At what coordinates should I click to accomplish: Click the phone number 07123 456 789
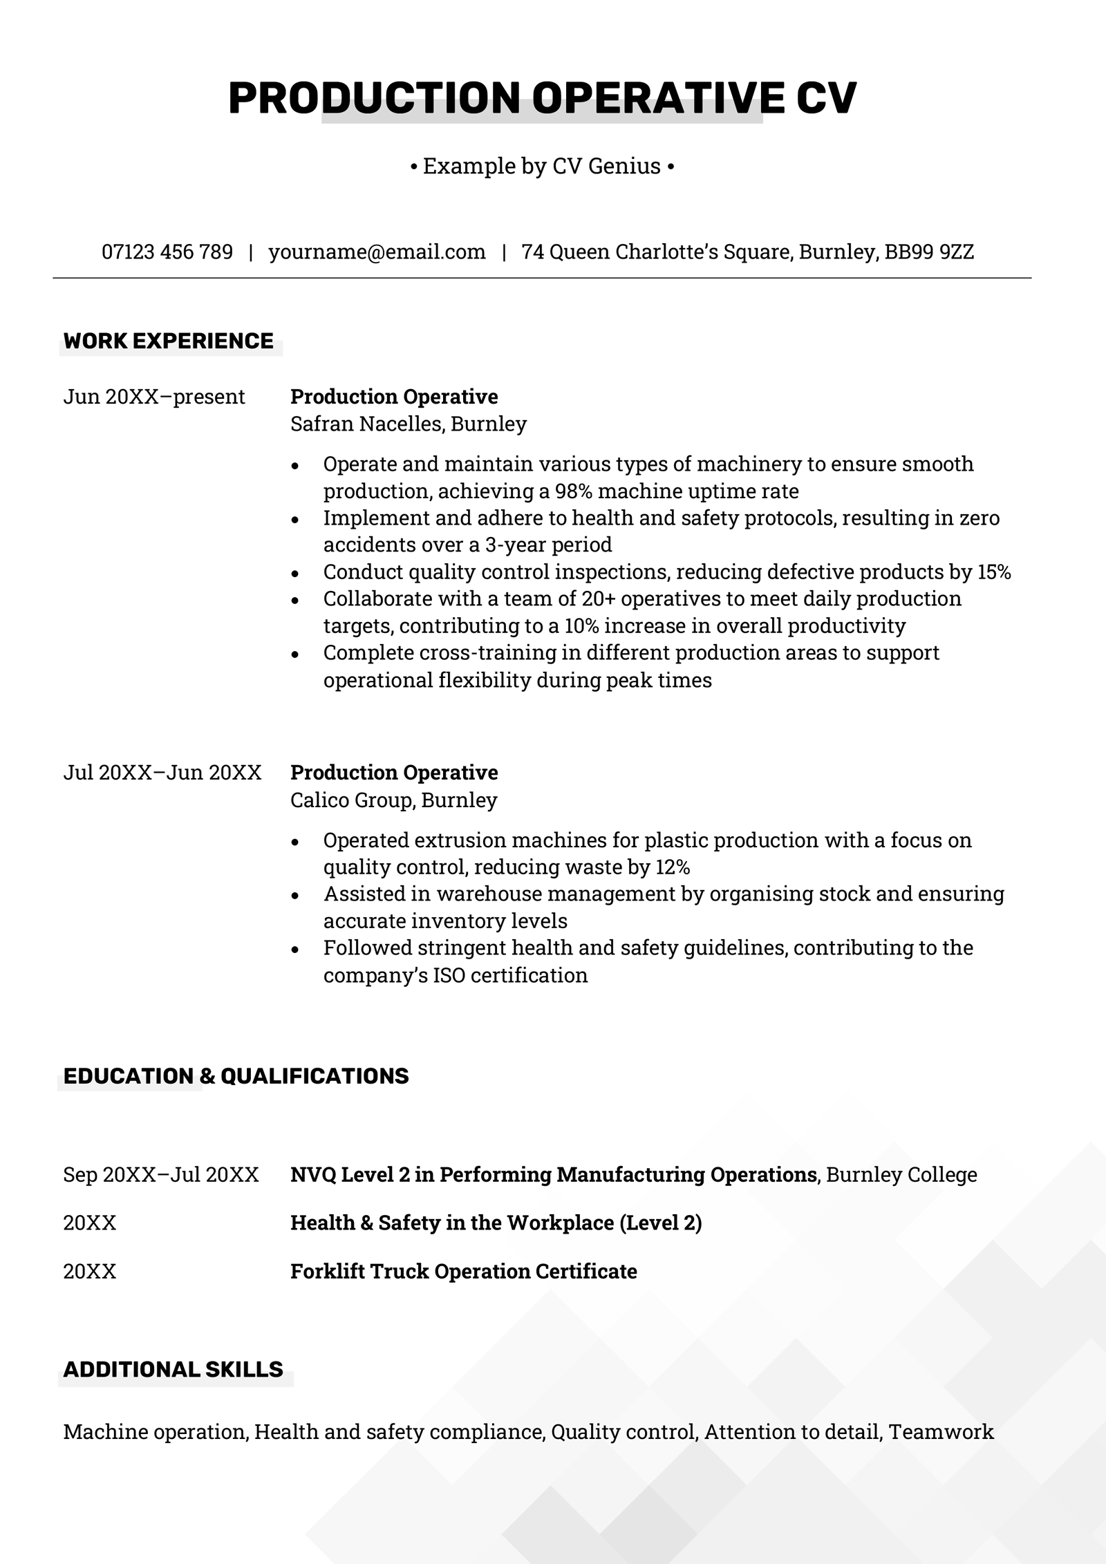(x=167, y=252)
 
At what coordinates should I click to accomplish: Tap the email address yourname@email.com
(x=377, y=252)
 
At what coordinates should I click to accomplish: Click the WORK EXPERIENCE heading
(x=168, y=341)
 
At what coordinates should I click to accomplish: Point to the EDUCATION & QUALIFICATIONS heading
(x=236, y=1076)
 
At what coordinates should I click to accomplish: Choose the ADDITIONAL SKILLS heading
(x=173, y=1370)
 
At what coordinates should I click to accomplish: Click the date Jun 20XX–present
(x=154, y=397)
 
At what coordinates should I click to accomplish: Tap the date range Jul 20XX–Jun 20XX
(x=162, y=773)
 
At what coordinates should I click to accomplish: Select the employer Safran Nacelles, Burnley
(x=408, y=424)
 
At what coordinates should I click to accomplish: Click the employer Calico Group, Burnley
(x=393, y=800)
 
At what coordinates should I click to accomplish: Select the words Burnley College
(x=901, y=1175)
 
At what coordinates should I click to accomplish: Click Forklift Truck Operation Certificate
(x=463, y=1272)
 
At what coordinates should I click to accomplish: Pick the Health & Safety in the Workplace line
(x=496, y=1223)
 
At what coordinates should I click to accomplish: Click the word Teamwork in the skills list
(x=941, y=1432)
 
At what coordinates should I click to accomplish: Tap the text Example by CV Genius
(x=542, y=167)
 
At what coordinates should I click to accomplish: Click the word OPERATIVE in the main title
(x=658, y=97)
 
